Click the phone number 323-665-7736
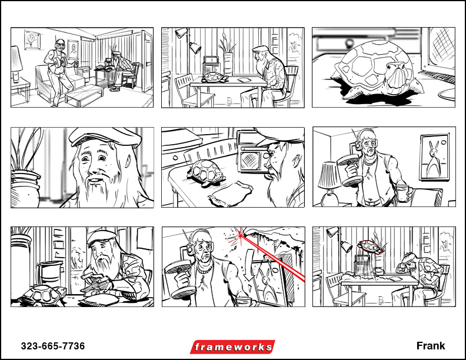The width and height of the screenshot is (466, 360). coord(53,346)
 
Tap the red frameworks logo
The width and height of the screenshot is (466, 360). coord(232,346)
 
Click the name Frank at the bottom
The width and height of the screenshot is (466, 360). coord(431,346)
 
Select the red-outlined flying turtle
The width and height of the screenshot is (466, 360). coord(370,247)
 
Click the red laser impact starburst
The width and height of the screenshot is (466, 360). coord(239,235)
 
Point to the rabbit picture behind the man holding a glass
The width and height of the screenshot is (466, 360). coord(434,157)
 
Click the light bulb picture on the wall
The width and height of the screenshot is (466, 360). coord(32,39)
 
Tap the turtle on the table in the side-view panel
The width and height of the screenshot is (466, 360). coord(215,77)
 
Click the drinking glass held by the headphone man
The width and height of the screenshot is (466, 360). coord(402,192)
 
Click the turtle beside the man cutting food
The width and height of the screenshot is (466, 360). coord(42,296)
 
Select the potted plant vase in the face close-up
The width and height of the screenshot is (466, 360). coord(25,188)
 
